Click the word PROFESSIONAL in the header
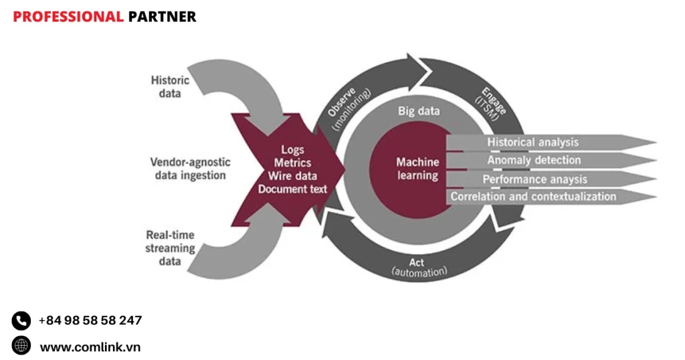pos(68,17)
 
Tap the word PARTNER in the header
pos(162,17)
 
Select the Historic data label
pos(170,87)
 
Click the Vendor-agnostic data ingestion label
pos(190,169)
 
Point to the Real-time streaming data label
pos(170,248)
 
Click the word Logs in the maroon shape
pos(293,151)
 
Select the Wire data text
pos(293,176)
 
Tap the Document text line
pos(293,189)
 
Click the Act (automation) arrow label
pos(418,268)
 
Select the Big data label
pos(419,111)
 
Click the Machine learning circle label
pos(417,169)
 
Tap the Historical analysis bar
pos(532,142)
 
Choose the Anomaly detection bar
pos(534,160)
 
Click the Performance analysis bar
pos(534,179)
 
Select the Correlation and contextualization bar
pos(533,197)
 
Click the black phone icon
pos(21,321)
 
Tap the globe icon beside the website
pos(21,346)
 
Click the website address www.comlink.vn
pos(90,347)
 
